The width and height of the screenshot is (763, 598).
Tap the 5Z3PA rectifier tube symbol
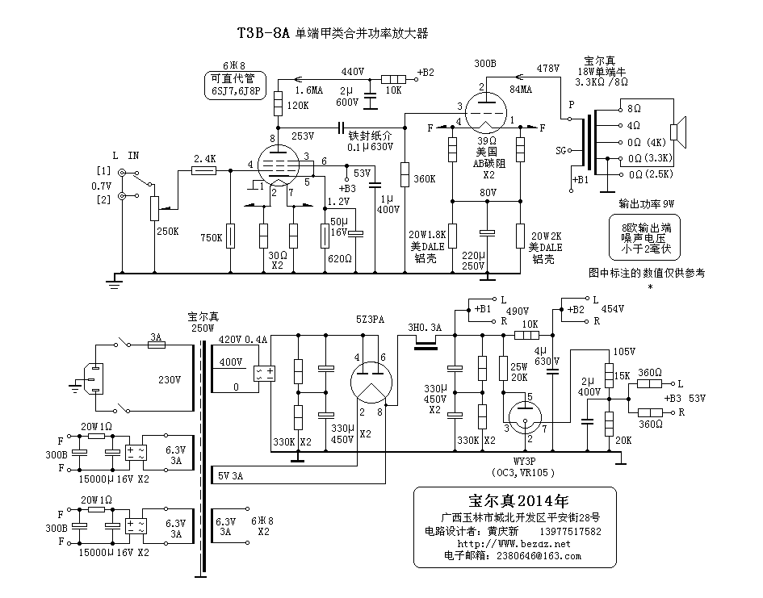click(373, 378)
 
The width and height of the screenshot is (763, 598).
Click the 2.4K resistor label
click(205, 159)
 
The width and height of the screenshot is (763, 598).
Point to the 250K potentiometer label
click(168, 231)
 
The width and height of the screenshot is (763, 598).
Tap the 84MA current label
click(522, 89)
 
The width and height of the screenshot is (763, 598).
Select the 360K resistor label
click(424, 179)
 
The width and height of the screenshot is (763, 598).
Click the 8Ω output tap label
click(634, 108)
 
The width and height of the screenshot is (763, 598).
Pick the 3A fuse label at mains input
click(157, 336)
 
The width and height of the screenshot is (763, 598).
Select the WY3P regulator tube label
click(524, 461)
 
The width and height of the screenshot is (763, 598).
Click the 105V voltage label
click(625, 353)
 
